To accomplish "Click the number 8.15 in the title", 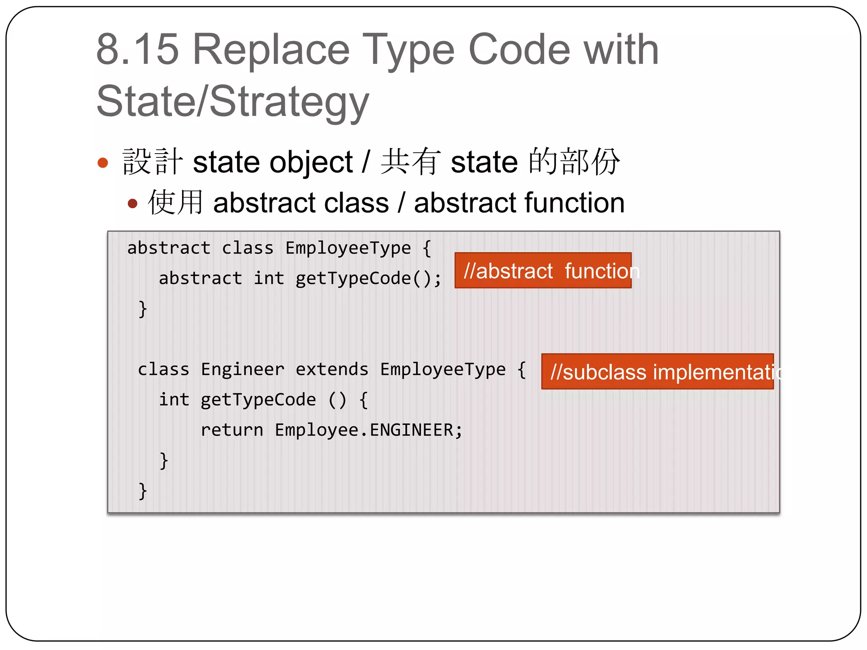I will (x=138, y=50).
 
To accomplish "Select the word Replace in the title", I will (x=271, y=50).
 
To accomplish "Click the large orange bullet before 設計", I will (x=103, y=162).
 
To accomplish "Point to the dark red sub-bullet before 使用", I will (x=133, y=204).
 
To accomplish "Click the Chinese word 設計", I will (x=152, y=162).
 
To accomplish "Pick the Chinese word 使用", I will (x=175, y=202).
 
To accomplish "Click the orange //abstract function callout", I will (x=543, y=270).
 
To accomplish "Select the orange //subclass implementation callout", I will (x=657, y=372).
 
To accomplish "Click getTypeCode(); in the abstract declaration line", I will (x=368, y=278).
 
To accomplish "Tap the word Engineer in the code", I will (x=242, y=369).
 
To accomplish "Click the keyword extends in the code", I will (x=332, y=369).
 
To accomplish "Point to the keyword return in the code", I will (x=232, y=430).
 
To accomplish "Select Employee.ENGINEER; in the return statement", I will (x=368, y=430).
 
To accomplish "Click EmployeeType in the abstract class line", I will (x=348, y=248).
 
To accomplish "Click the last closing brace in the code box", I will (x=143, y=491).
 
